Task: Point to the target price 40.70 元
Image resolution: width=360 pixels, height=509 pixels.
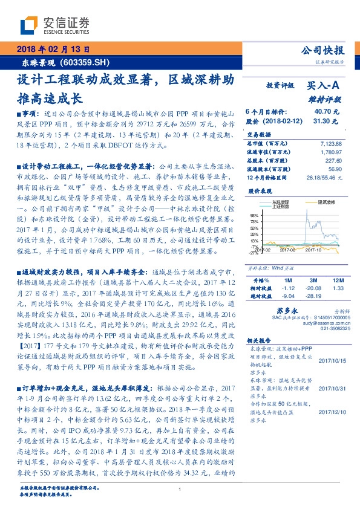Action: tap(326, 112)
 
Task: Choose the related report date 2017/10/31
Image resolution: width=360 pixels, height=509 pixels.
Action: tap(331, 371)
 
